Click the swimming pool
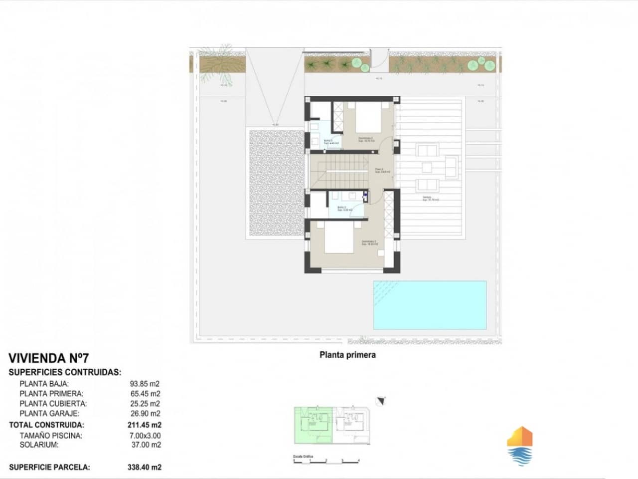pos(430,305)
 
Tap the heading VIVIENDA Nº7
pos(48,358)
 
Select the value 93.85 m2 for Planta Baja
pos(145,384)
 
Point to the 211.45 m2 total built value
pos(145,425)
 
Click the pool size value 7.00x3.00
pos(145,436)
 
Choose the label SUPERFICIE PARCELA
pos(49,468)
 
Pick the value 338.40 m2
pos(145,468)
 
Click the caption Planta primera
pos(347,355)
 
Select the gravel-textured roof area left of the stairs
pos(275,183)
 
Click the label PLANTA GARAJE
pos(49,413)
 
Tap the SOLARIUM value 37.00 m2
pos(145,445)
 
